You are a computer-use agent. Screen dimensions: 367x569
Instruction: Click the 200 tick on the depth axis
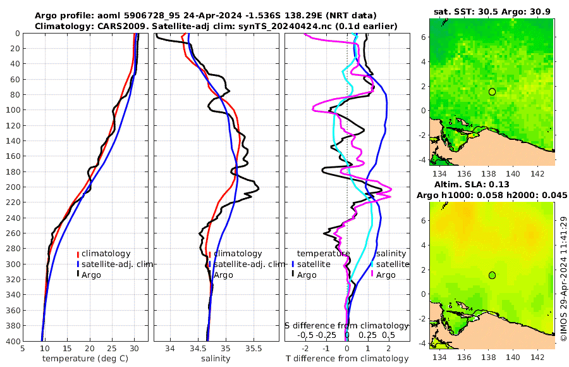[x=13, y=187]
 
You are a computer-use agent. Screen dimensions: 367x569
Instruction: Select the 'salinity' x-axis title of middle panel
[x=216, y=359]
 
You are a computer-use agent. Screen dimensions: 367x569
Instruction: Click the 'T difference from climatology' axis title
[x=347, y=359]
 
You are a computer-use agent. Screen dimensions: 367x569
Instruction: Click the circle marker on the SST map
[x=492, y=92]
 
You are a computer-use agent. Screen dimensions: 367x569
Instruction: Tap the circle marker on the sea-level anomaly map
[x=492, y=275]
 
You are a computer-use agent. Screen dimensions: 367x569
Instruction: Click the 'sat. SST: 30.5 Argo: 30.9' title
[x=492, y=12]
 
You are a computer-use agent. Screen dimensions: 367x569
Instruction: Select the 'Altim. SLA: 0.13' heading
[x=492, y=184]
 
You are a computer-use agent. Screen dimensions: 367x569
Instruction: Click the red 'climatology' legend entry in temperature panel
[x=104, y=254]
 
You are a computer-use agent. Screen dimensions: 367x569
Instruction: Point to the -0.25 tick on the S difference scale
[x=326, y=335]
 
